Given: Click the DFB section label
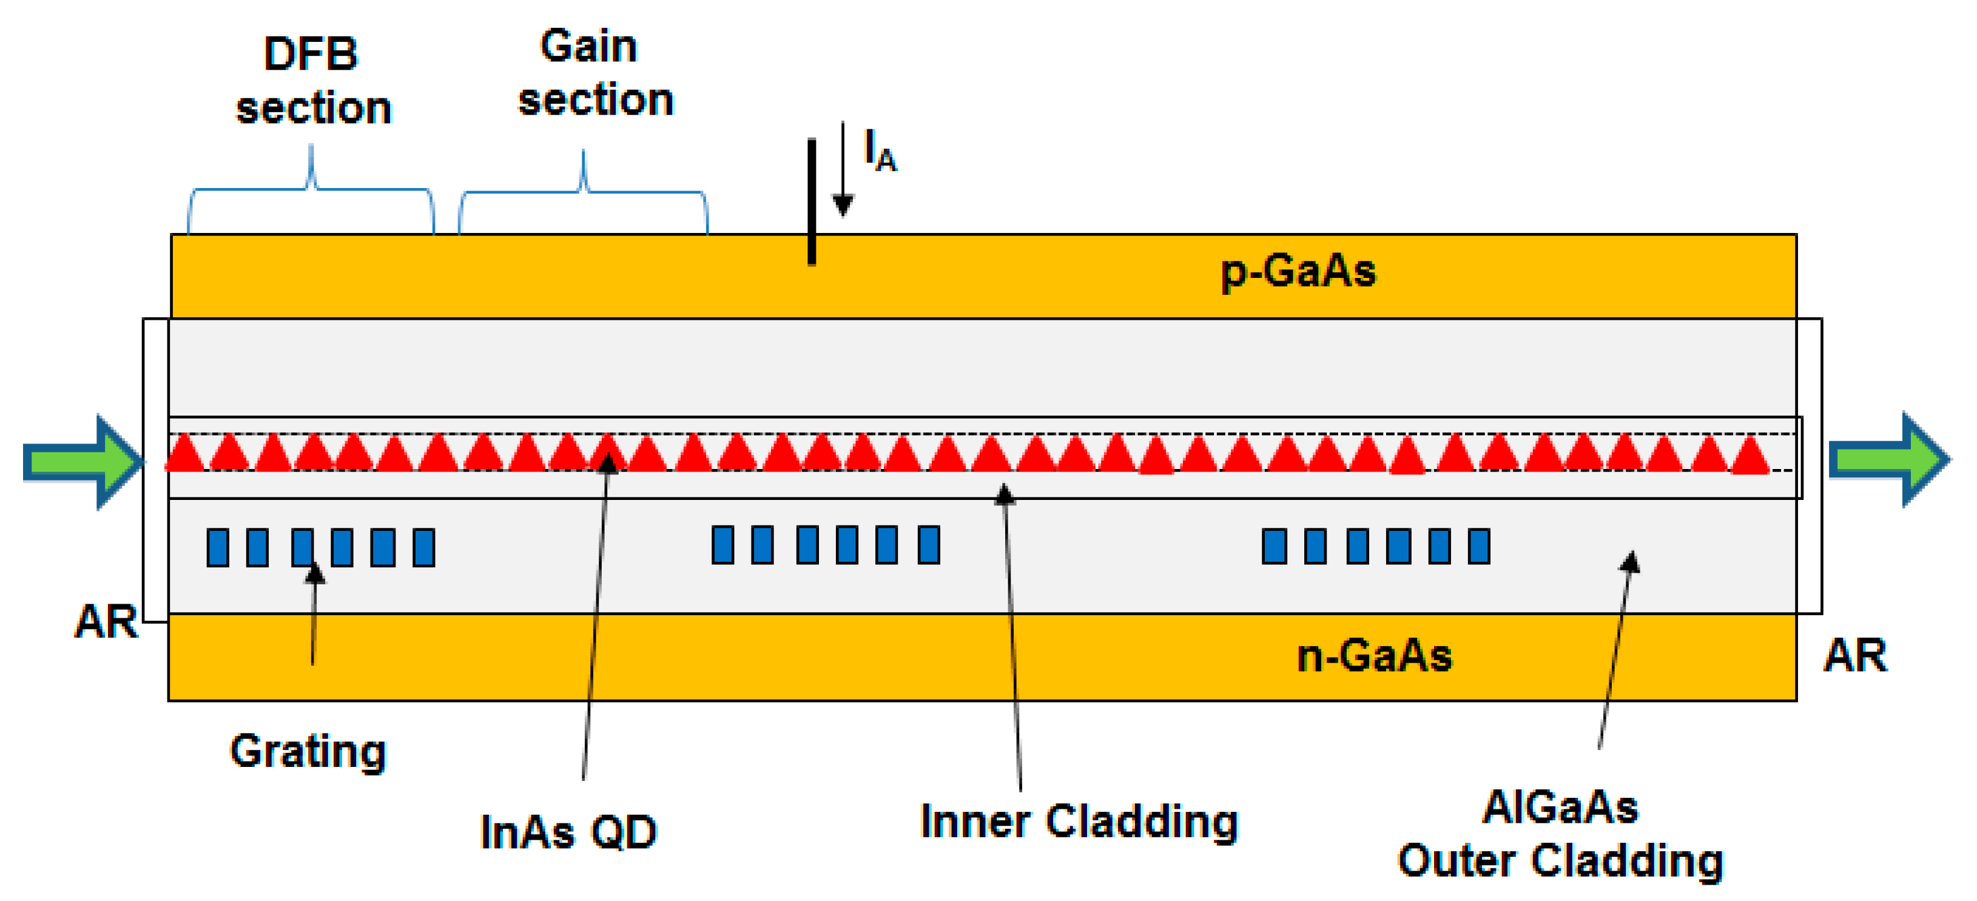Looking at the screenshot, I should point(312,81).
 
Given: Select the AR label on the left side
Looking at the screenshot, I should point(106,622).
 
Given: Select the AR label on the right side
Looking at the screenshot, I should point(1855,656).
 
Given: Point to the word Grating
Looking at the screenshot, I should point(308,751).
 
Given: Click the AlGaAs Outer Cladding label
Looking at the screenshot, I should point(1560,834).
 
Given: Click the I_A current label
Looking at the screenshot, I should point(880,150).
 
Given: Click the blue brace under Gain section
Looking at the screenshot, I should point(584,191).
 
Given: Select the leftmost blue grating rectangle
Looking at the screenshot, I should point(218,548).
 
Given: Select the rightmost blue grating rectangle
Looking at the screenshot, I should point(1479,547).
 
